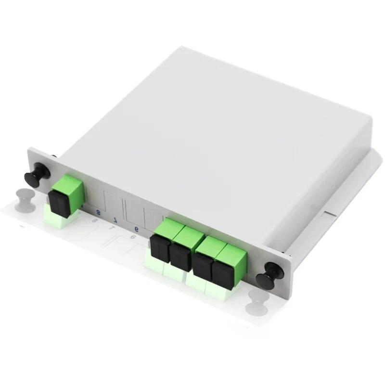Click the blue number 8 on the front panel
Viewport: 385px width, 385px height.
tap(99, 211)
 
